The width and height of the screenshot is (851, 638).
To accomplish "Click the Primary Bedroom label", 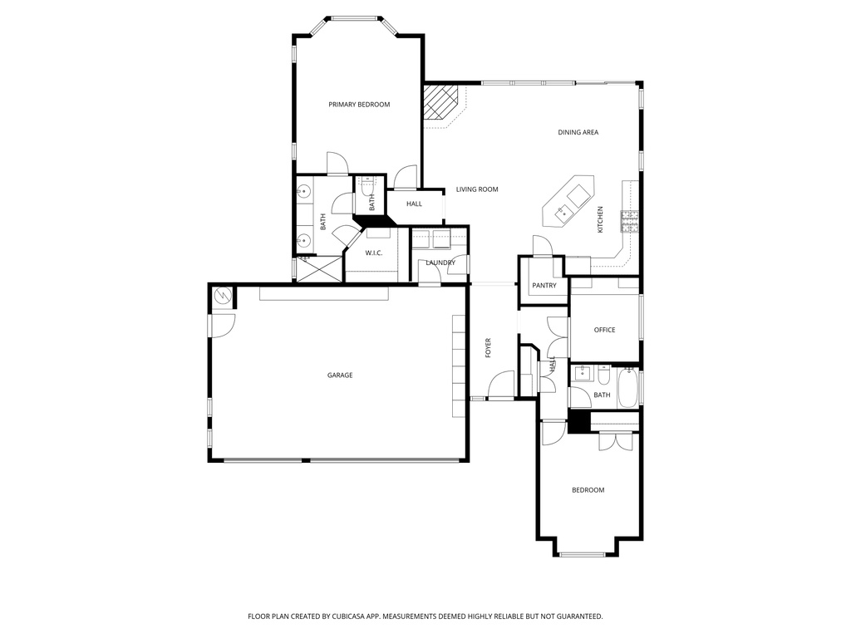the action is click(359, 105).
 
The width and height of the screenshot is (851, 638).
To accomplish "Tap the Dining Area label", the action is click(578, 132).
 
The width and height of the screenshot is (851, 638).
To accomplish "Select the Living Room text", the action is click(477, 189).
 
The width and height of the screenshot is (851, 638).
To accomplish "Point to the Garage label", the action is click(340, 375).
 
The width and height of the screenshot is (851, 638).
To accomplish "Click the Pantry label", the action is click(544, 286).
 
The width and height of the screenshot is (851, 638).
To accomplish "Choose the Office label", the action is click(605, 330).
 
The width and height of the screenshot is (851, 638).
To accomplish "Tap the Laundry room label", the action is click(440, 263).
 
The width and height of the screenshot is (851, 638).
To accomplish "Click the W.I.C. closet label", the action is click(374, 253).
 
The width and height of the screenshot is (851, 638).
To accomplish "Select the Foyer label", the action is click(488, 348).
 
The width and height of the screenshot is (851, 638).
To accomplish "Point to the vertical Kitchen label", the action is click(600, 219).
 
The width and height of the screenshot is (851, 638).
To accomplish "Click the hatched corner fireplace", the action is click(440, 101).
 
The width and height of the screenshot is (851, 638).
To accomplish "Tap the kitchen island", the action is click(568, 201).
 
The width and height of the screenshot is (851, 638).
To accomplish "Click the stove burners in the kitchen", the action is click(630, 221).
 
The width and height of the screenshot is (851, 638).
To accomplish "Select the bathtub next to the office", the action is click(628, 388).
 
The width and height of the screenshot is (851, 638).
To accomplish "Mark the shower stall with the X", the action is click(319, 268).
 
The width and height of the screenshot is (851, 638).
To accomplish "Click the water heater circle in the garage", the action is click(223, 296).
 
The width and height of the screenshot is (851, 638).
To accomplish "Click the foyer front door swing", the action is click(502, 385).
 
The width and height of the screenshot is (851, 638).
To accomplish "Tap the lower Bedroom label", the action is click(588, 490).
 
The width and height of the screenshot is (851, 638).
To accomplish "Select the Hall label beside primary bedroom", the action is click(414, 204).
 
